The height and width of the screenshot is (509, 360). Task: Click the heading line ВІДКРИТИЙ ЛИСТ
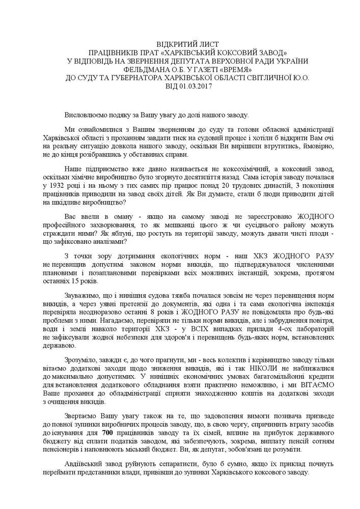tap(180, 44)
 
